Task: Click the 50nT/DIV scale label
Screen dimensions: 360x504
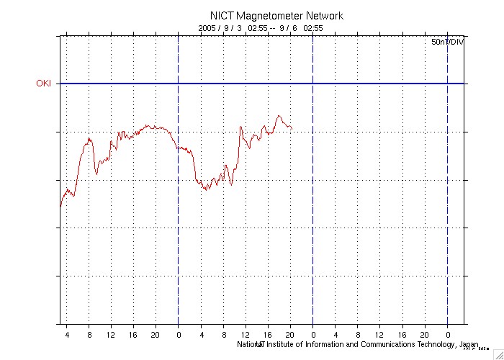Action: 447,42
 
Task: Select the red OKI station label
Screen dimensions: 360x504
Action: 45,84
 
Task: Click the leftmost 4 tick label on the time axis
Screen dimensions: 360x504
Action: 67,335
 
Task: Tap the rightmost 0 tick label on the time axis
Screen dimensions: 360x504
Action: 447,335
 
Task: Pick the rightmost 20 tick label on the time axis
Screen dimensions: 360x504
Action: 425,335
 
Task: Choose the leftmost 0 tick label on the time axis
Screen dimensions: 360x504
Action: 178,335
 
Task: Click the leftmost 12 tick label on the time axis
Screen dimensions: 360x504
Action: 111,335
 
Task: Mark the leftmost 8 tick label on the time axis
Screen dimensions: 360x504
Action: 89,335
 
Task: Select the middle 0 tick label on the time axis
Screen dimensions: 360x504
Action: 312,335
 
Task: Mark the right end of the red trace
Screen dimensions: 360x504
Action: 292,129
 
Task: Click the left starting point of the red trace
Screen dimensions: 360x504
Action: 60,207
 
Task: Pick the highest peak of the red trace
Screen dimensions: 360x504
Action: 279,115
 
